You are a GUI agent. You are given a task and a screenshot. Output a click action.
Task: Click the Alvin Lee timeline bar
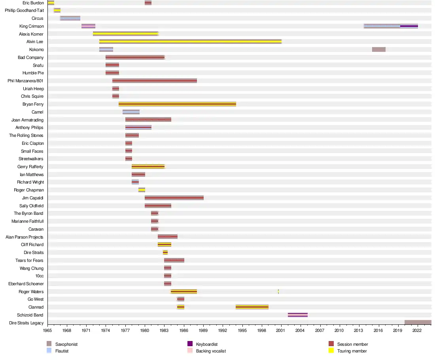(x=190, y=42)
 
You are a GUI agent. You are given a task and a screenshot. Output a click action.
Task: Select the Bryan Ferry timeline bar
(x=177, y=104)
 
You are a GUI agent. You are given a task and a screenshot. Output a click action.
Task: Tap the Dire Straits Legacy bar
(x=418, y=323)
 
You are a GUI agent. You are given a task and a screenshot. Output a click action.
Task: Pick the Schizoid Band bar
(x=298, y=315)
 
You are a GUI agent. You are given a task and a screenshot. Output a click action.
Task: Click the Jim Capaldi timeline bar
(x=174, y=198)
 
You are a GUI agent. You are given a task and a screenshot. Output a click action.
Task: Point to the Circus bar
(x=70, y=18)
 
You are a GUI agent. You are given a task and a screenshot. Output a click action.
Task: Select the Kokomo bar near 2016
(x=379, y=49)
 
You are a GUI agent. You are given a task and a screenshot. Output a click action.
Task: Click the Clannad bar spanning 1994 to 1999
(x=252, y=307)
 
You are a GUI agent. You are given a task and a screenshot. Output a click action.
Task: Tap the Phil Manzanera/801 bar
(x=155, y=81)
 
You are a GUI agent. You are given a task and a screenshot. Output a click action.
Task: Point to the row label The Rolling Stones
(x=26, y=136)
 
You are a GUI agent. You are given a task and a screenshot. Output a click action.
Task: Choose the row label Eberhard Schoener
(x=26, y=284)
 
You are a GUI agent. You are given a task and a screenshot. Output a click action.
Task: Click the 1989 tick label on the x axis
(x=203, y=330)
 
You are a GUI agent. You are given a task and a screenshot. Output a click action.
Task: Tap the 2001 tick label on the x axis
(x=281, y=330)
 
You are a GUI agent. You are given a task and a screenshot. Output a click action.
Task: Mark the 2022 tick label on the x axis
(x=417, y=330)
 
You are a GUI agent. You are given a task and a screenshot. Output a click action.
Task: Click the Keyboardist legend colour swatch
(x=190, y=344)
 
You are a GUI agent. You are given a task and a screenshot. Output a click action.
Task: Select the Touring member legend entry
(x=348, y=351)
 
